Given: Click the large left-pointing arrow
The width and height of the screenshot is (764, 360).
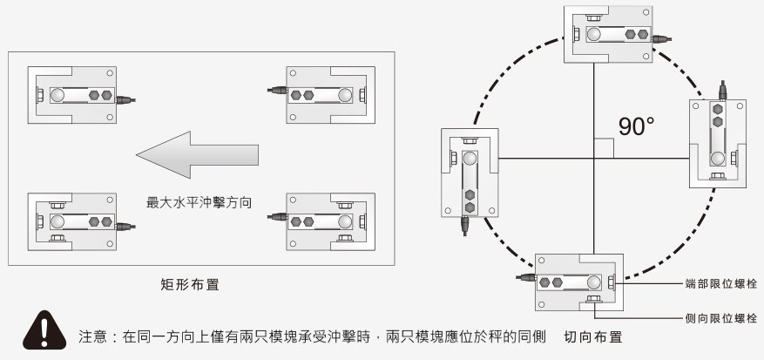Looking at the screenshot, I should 196,154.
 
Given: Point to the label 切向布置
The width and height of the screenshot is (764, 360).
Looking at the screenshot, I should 593,335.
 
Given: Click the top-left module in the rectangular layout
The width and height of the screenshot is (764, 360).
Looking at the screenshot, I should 71,95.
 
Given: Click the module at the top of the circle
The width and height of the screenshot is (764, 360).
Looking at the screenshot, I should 608,34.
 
